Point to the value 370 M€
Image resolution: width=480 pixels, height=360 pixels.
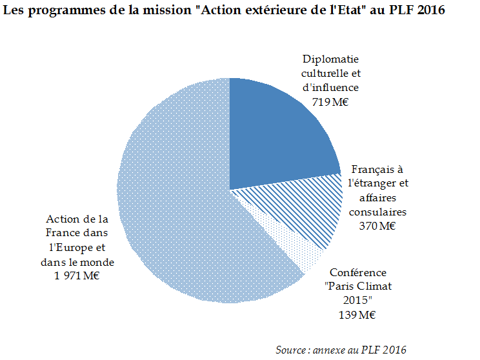[x=377, y=225]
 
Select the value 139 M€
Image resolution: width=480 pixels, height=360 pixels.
[x=358, y=315]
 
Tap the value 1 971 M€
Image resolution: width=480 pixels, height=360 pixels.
[x=77, y=275]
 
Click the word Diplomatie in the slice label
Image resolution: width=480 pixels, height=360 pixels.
[x=330, y=58]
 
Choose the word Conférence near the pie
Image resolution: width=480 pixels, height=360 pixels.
[x=358, y=272]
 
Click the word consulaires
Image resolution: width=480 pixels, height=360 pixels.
[x=377, y=211]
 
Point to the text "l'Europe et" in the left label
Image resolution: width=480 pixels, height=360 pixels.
[x=77, y=247]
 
